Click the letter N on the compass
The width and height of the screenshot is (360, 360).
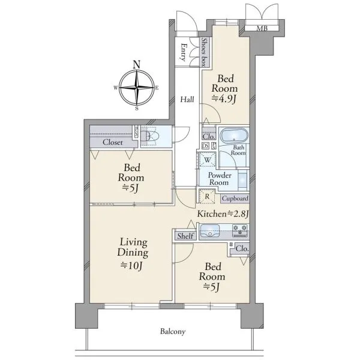(137, 64)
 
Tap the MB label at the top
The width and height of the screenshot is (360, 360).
(262, 28)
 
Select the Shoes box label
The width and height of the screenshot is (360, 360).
(204, 52)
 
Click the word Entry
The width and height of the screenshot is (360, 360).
(184, 52)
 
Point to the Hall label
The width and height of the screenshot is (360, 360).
(187, 100)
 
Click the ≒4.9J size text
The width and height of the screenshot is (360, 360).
(224, 99)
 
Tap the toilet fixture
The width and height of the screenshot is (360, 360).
(150, 136)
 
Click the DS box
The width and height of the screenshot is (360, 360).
(205, 146)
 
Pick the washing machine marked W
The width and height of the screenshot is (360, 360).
(208, 160)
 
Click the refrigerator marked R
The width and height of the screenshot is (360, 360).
(208, 197)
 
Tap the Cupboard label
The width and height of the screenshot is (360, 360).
(235, 199)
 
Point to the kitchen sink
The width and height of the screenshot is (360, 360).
(210, 231)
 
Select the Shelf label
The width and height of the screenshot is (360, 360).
(185, 236)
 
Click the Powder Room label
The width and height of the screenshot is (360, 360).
(219, 179)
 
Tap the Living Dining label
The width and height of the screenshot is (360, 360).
(133, 247)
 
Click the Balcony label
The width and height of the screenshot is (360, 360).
(173, 332)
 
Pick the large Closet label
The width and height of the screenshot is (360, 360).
(113, 142)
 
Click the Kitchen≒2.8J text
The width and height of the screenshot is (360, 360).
(223, 214)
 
